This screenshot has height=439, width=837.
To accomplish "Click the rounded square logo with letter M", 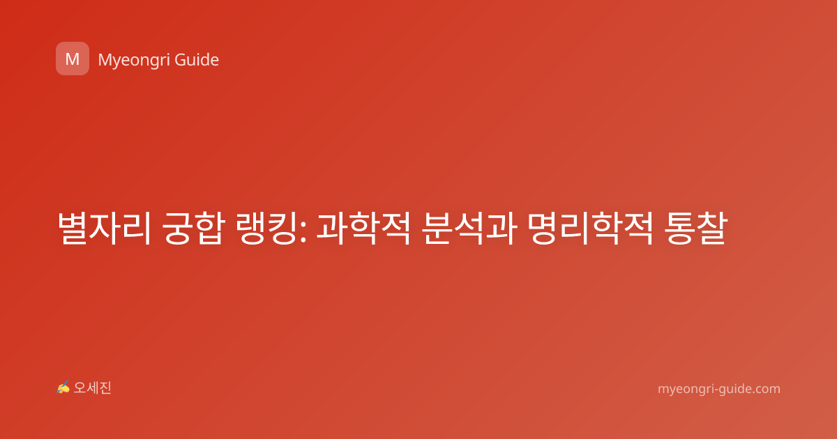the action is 73,59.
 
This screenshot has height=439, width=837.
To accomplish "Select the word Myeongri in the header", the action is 133,60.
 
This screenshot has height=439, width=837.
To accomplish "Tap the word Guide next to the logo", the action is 197,59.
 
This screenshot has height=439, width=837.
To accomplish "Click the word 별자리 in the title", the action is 104,228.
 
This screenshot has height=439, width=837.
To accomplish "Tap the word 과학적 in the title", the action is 363,228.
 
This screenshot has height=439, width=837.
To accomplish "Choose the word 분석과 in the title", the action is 469,228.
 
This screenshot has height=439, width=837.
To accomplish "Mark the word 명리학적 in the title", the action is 590,228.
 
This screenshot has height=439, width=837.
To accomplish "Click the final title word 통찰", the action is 696,228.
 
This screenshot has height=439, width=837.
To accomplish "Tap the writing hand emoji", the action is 63,387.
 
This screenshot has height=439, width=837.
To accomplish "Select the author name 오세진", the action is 92,388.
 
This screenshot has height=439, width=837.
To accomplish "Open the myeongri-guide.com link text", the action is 719,389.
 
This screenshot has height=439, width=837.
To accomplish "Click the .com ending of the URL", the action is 766,389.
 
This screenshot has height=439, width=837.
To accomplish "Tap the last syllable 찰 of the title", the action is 712,228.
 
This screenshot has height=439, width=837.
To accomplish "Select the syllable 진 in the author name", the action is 105,388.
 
